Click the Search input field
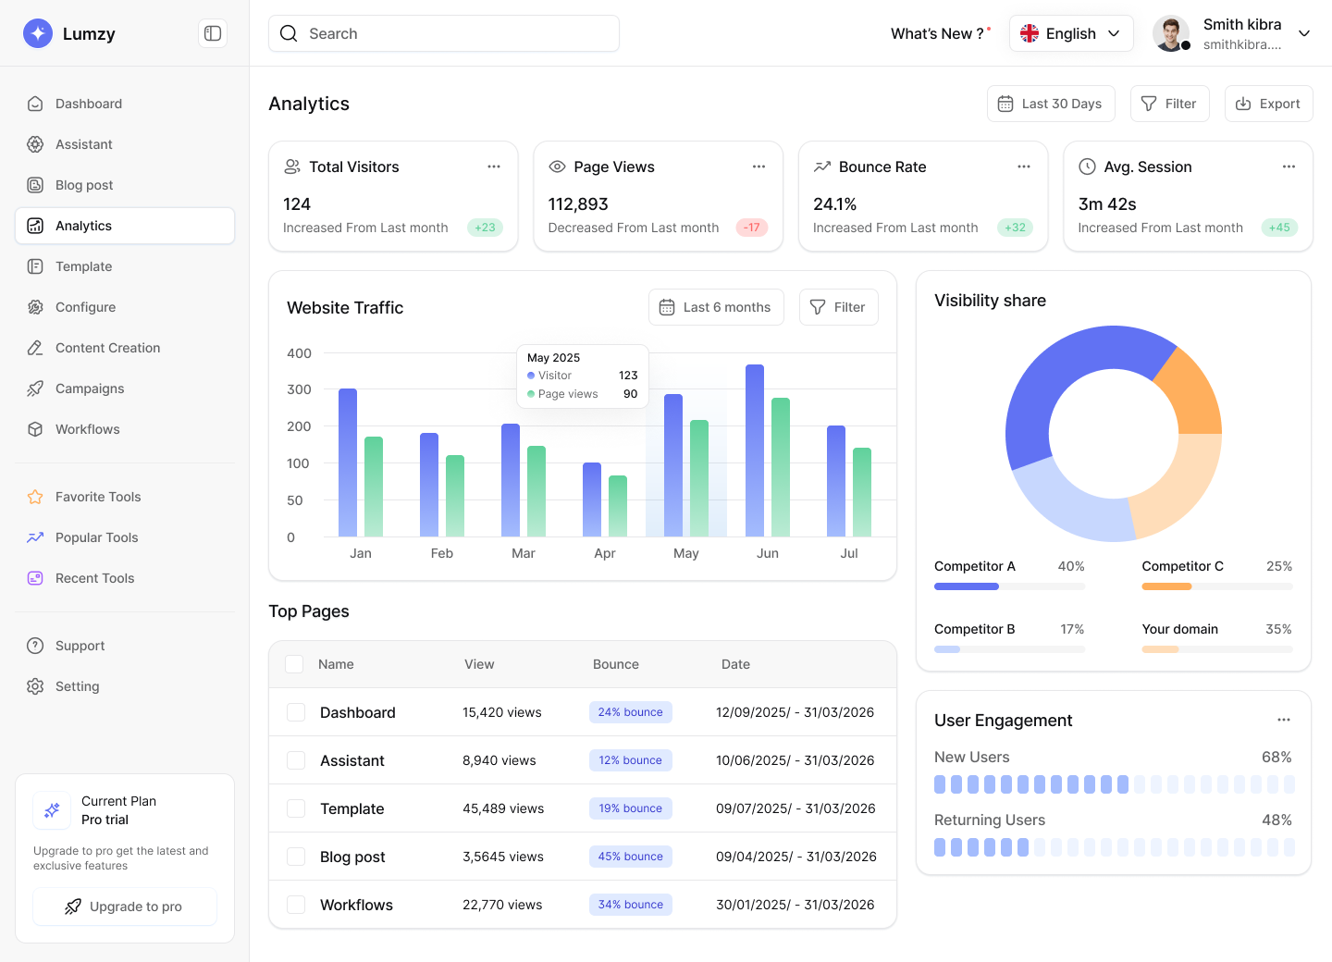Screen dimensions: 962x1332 tap(444, 33)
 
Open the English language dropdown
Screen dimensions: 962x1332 tap(1070, 33)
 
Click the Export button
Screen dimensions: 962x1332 tap(1268, 104)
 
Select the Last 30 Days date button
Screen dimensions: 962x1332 tap(1051, 104)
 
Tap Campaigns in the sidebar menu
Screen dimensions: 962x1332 tap(90, 388)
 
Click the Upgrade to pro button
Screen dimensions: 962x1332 tap(125, 906)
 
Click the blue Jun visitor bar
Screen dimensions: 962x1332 tap(755, 450)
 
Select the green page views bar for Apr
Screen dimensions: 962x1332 tap(618, 506)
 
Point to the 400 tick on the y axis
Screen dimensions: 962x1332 tap(299, 353)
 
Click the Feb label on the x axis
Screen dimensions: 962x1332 tap(442, 553)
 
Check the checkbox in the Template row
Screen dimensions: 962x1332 tap(296, 808)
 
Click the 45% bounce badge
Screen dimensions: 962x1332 tap(630, 857)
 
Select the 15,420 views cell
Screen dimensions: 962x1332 tap(502, 712)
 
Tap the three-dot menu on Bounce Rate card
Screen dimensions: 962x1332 tap(1024, 166)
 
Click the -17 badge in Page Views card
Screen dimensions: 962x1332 tap(752, 228)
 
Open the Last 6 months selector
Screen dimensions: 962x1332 tap(716, 307)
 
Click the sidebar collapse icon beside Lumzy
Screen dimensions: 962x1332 tap(213, 33)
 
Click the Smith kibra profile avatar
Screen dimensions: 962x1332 tap(1171, 33)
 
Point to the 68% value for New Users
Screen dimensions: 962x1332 tap(1276, 757)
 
